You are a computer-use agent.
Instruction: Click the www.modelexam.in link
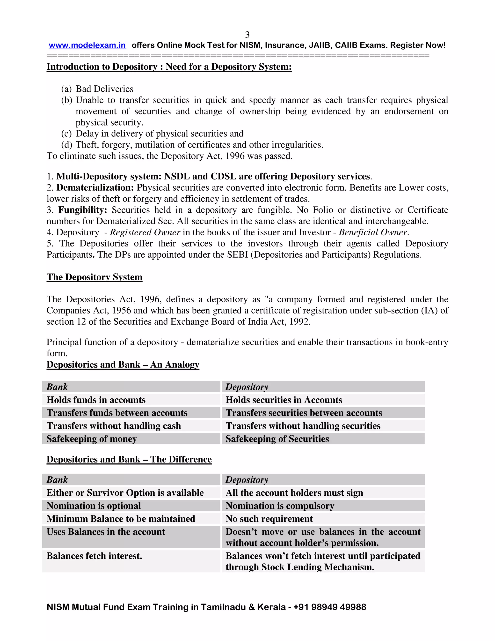tap(87, 45)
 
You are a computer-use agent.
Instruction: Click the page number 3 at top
tap(247, 35)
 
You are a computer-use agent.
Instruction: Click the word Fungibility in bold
tap(82, 210)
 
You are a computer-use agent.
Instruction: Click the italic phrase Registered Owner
tap(145, 232)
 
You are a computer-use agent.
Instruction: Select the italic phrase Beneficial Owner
tap(373, 232)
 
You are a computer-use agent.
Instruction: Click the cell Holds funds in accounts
tap(96, 400)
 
